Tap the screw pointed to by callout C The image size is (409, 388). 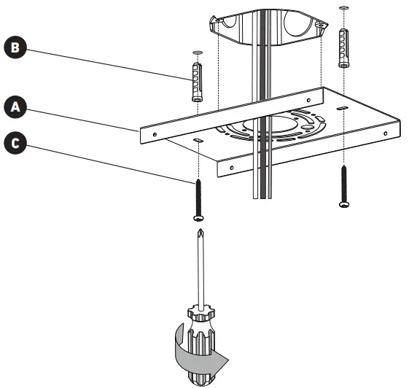198,195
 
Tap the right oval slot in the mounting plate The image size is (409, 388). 343,107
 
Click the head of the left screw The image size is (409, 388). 198,217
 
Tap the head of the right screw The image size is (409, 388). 344,205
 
